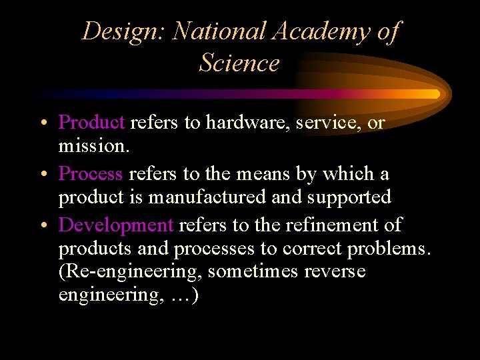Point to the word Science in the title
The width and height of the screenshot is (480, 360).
coord(239,63)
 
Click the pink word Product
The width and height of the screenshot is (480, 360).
coord(91,123)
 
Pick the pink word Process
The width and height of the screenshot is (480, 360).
coord(91,174)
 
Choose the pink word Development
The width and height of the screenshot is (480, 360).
coord(116,225)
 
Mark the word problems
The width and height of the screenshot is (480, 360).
coord(389,249)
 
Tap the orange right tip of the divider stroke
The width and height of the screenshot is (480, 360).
coord(436,94)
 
